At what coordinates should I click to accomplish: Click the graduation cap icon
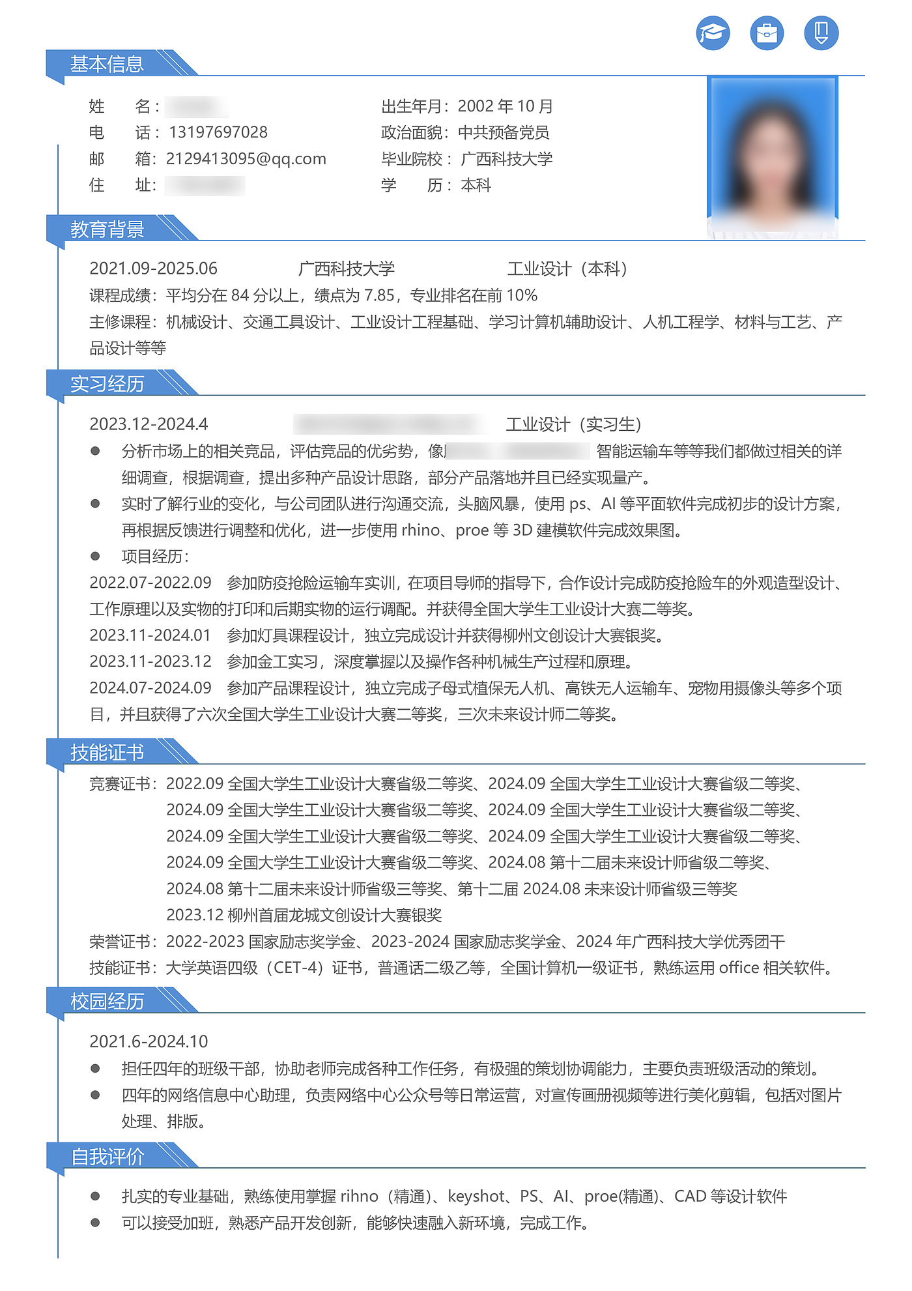pyautogui.click(x=713, y=33)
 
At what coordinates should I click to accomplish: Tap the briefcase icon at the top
pyautogui.click(x=767, y=33)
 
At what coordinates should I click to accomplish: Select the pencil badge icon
pyautogui.click(x=821, y=33)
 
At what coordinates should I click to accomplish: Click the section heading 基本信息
pyautogui.click(x=107, y=64)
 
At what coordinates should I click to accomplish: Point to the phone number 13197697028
pyautogui.click(x=218, y=132)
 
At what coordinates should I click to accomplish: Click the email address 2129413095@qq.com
pyautogui.click(x=246, y=159)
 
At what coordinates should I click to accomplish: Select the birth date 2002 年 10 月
pyautogui.click(x=505, y=106)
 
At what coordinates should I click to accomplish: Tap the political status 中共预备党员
pyautogui.click(x=504, y=132)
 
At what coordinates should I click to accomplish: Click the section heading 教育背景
pyautogui.click(x=107, y=229)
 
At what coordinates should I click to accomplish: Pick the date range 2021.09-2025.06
pyautogui.click(x=153, y=268)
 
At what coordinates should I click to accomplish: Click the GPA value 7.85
pyautogui.click(x=379, y=295)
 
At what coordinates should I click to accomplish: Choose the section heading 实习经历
pyautogui.click(x=107, y=384)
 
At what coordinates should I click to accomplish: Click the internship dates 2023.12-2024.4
pyautogui.click(x=149, y=424)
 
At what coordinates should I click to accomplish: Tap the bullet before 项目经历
pyautogui.click(x=95, y=556)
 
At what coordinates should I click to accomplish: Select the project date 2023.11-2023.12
pyautogui.click(x=150, y=661)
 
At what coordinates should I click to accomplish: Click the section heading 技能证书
pyautogui.click(x=107, y=753)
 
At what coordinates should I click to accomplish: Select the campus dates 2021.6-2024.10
pyautogui.click(x=149, y=1041)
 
